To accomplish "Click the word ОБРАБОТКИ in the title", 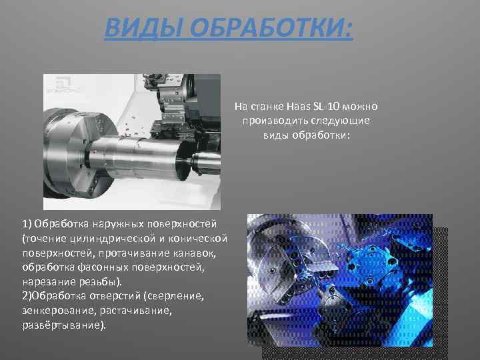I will [269, 29].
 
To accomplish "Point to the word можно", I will [363, 107].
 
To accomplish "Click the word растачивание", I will [134, 311].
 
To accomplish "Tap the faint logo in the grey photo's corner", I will [60, 83].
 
